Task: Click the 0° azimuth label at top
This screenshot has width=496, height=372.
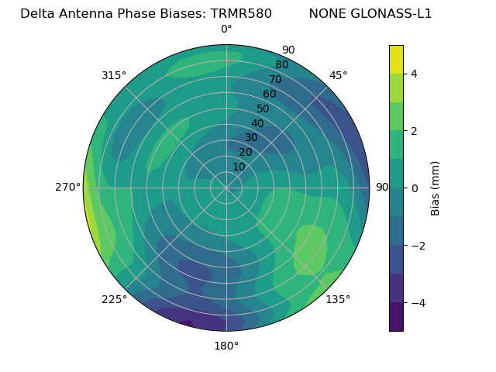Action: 226,29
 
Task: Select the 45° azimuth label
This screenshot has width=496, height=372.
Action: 338,75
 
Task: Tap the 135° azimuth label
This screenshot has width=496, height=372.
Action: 338,299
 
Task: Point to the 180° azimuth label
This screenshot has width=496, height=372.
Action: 226,346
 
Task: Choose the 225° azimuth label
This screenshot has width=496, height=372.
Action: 114,299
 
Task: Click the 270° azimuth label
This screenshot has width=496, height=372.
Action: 68,188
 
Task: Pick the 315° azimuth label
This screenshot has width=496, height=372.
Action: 114,75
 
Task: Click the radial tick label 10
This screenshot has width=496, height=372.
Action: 239,167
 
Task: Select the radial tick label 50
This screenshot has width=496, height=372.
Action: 263,108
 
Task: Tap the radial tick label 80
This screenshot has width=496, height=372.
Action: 281,65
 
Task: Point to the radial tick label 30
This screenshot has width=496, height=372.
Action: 251,138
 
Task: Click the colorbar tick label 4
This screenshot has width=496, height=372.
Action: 415,74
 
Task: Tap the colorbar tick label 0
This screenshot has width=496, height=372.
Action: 415,188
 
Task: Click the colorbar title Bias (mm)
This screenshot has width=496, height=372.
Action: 436,188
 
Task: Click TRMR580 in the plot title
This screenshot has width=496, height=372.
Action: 241,14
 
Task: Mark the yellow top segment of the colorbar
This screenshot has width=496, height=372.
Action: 396,59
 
